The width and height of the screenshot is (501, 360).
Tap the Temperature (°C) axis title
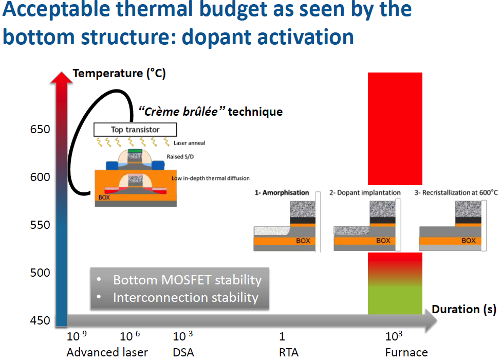click(119, 73)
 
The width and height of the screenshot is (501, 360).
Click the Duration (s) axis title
click(464, 309)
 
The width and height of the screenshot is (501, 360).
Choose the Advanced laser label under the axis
click(107, 352)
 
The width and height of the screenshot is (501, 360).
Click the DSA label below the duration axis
click(183, 352)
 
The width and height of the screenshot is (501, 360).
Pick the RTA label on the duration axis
click(288, 352)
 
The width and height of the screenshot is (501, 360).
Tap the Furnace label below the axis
click(406, 352)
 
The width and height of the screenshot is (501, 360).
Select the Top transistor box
click(135, 129)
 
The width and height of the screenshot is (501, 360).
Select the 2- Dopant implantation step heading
click(365, 193)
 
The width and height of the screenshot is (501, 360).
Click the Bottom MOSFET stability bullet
click(187, 280)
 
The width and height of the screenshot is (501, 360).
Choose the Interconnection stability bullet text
click(185, 297)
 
